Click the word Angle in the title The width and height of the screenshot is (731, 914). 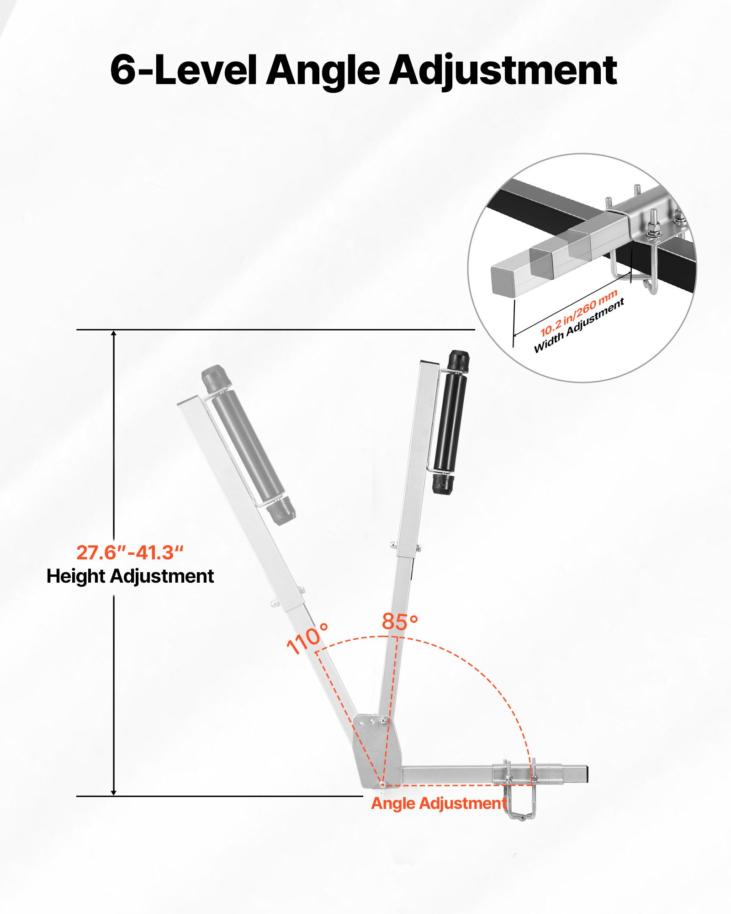tap(323, 71)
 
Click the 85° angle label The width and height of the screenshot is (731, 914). tap(400, 622)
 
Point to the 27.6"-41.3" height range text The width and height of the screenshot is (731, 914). tap(130, 553)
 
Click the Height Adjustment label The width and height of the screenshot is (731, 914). tap(130, 576)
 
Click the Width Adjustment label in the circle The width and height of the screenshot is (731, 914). tap(579, 326)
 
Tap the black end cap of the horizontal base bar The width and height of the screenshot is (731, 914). tap(586, 774)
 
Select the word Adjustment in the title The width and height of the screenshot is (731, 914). tap(503, 71)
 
